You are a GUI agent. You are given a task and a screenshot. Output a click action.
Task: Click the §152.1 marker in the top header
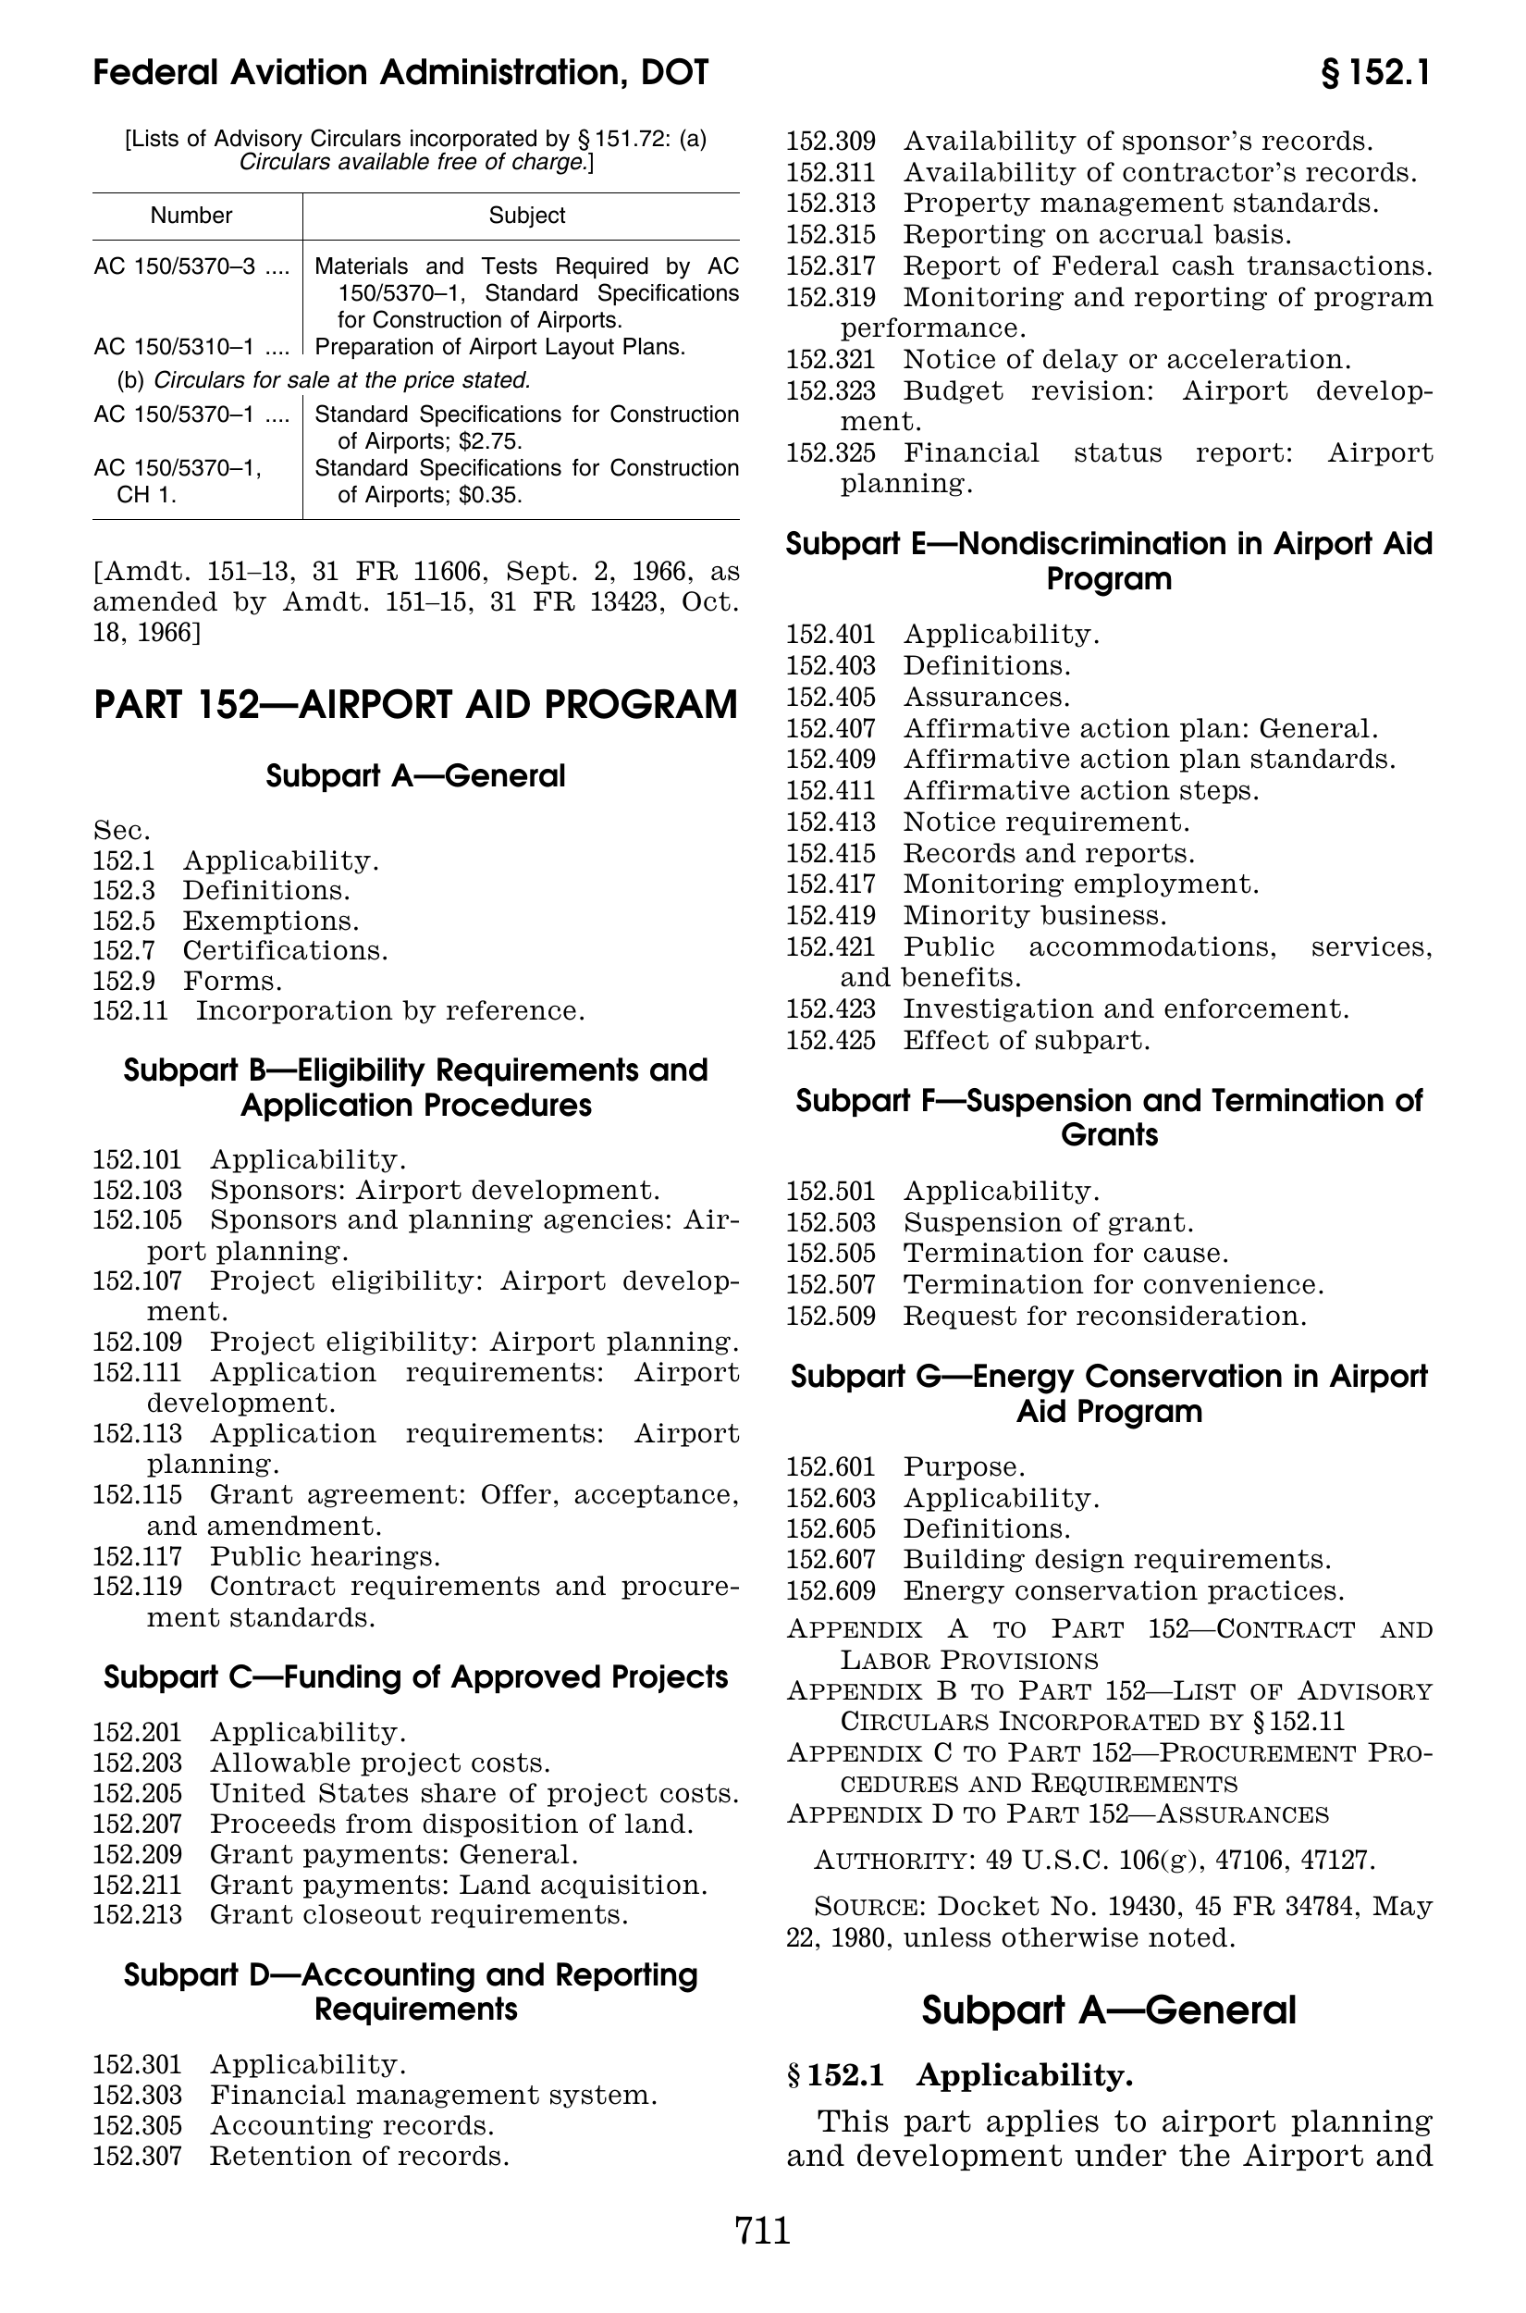click(1374, 73)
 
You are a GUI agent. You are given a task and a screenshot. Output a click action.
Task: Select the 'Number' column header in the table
click(191, 216)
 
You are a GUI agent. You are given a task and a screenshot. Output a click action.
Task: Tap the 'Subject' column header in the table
click(526, 216)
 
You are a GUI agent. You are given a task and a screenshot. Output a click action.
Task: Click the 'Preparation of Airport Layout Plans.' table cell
click(500, 348)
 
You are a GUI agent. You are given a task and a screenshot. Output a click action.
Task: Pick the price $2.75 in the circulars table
click(490, 441)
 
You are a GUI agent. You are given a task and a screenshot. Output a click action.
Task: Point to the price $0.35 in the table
click(490, 496)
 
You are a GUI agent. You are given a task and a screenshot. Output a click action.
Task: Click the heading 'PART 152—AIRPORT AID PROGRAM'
click(415, 705)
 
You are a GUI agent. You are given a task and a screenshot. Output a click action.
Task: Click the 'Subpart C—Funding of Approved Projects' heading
click(415, 1677)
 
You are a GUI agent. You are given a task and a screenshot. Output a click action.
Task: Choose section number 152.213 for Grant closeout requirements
click(137, 1915)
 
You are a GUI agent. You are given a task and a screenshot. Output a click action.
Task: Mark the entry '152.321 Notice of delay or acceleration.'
click(1068, 360)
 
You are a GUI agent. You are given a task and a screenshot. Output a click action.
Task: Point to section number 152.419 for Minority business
click(831, 916)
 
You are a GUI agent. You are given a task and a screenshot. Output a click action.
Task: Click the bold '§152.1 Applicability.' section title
click(960, 2076)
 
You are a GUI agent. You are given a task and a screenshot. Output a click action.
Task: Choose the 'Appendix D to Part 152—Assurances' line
click(1057, 1814)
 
